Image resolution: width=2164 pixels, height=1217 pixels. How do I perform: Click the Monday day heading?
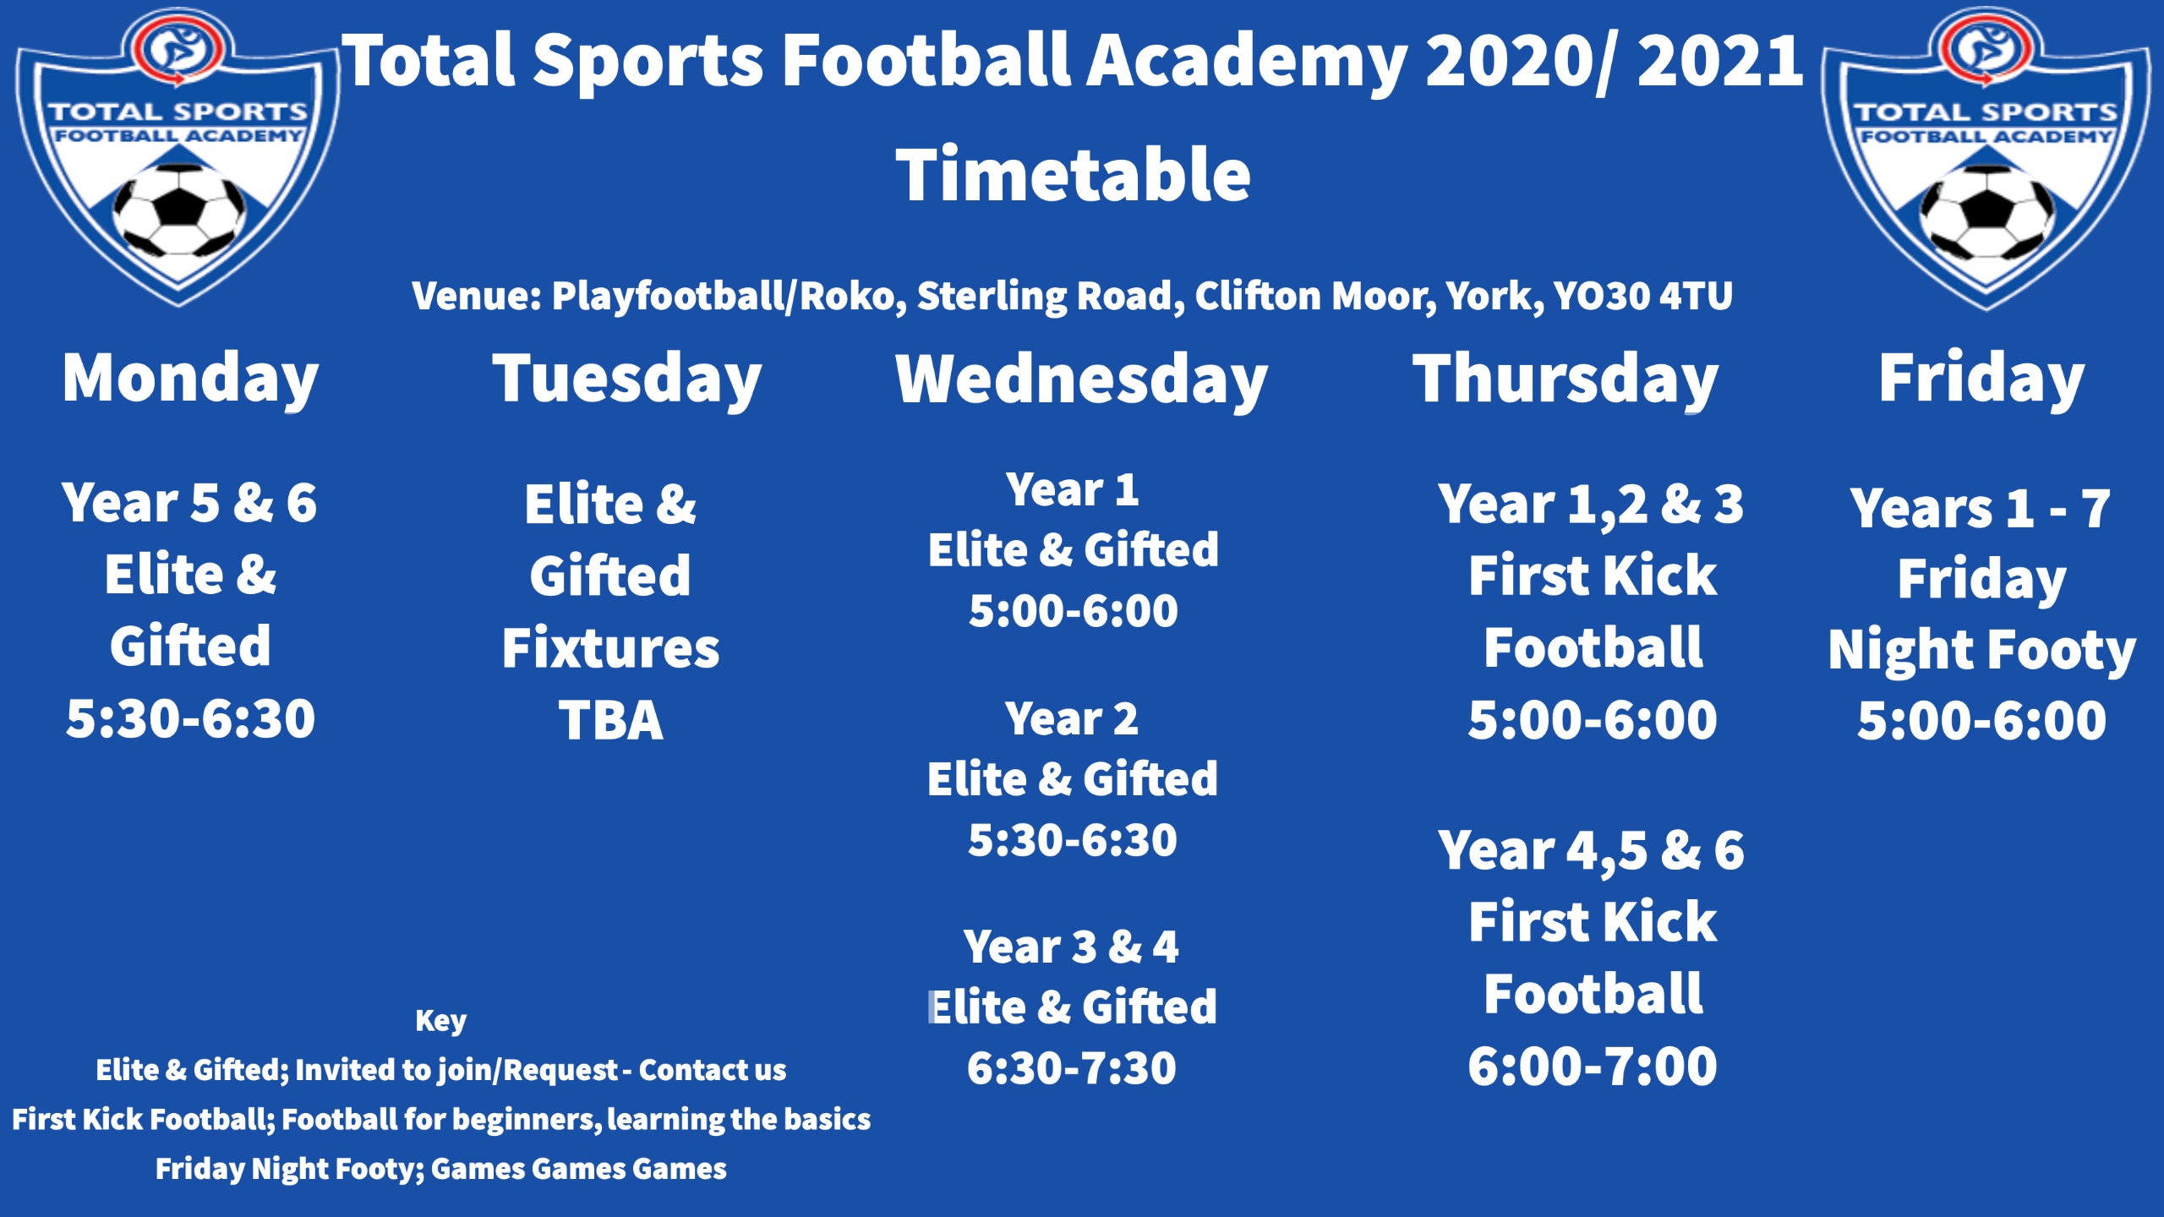pos(190,378)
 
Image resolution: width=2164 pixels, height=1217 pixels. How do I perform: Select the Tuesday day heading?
pos(626,378)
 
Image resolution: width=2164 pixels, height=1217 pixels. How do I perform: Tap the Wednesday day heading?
pos(1081,378)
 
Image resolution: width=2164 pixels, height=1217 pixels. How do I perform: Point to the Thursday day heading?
pos(1566,378)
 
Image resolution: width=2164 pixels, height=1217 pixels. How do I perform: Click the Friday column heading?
pos(1981,378)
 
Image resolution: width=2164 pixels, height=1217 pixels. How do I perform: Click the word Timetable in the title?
pos(1073,175)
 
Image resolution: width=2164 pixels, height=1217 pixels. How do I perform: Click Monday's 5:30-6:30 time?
pos(190,719)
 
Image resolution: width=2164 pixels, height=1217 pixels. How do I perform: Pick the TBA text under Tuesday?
pos(610,721)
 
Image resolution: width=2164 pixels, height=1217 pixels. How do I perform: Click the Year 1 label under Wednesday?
pos(1072,490)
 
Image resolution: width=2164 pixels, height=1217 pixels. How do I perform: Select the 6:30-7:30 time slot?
pos(1072,1068)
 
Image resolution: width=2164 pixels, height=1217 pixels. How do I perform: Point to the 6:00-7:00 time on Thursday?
pos(1593,1067)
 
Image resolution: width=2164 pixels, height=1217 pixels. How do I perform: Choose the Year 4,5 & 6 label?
pos(1591,850)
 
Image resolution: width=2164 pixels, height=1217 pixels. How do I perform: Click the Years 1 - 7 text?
pos(1980,509)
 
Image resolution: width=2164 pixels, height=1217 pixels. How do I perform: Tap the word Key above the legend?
pos(440,1021)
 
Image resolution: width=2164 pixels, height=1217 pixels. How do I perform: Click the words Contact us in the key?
pos(712,1070)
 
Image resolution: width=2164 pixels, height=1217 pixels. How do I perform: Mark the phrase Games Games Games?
pos(578,1169)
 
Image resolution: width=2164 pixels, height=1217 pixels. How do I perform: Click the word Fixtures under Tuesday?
pos(610,648)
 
